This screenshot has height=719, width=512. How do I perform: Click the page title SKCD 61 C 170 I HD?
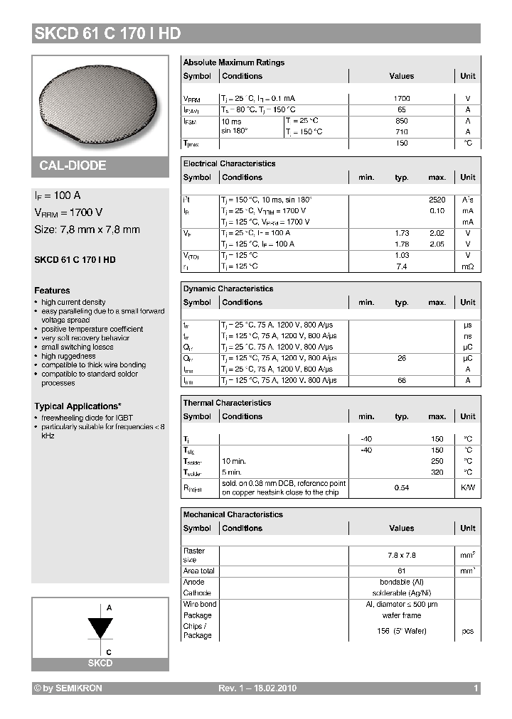pyautogui.click(x=107, y=33)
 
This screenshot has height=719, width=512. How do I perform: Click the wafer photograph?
pyautogui.click(x=100, y=103)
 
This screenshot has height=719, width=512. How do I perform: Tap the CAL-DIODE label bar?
pyautogui.click(x=73, y=166)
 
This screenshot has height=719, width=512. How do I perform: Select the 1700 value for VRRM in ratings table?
pyautogui.click(x=401, y=99)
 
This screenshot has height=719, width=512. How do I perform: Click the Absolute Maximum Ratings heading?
pyautogui.click(x=233, y=63)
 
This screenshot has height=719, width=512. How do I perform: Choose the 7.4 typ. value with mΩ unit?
pyautogui.click(x=401, y=266)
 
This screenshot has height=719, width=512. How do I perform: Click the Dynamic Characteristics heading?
pyautogui.click(x=228, y=288)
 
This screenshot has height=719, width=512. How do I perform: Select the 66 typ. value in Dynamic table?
pyautogui.click(x=401, y=381)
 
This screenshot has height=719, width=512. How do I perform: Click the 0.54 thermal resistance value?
pyautogui.click(x=401, y=487)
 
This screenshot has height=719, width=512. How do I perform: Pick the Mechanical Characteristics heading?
pyautogui.click(x=233, y=514)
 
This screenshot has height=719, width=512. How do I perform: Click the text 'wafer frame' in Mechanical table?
pyautogui.click(x=401, y=615)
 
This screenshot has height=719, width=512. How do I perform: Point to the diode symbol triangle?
pyautogui.click(x=100, y=629)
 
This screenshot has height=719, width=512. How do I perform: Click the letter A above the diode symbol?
pyautogui.click(x=109, y=608)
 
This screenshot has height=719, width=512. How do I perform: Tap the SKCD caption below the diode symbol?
pyautogui.click(x=100, y=663)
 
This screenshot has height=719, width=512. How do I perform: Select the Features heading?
pyautogui.click(x=52, y=291)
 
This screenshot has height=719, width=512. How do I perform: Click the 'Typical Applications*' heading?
pyautogui.click(x=78, y=406)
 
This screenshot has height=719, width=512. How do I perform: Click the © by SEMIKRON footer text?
pyautogui.click(x=69, y=688)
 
